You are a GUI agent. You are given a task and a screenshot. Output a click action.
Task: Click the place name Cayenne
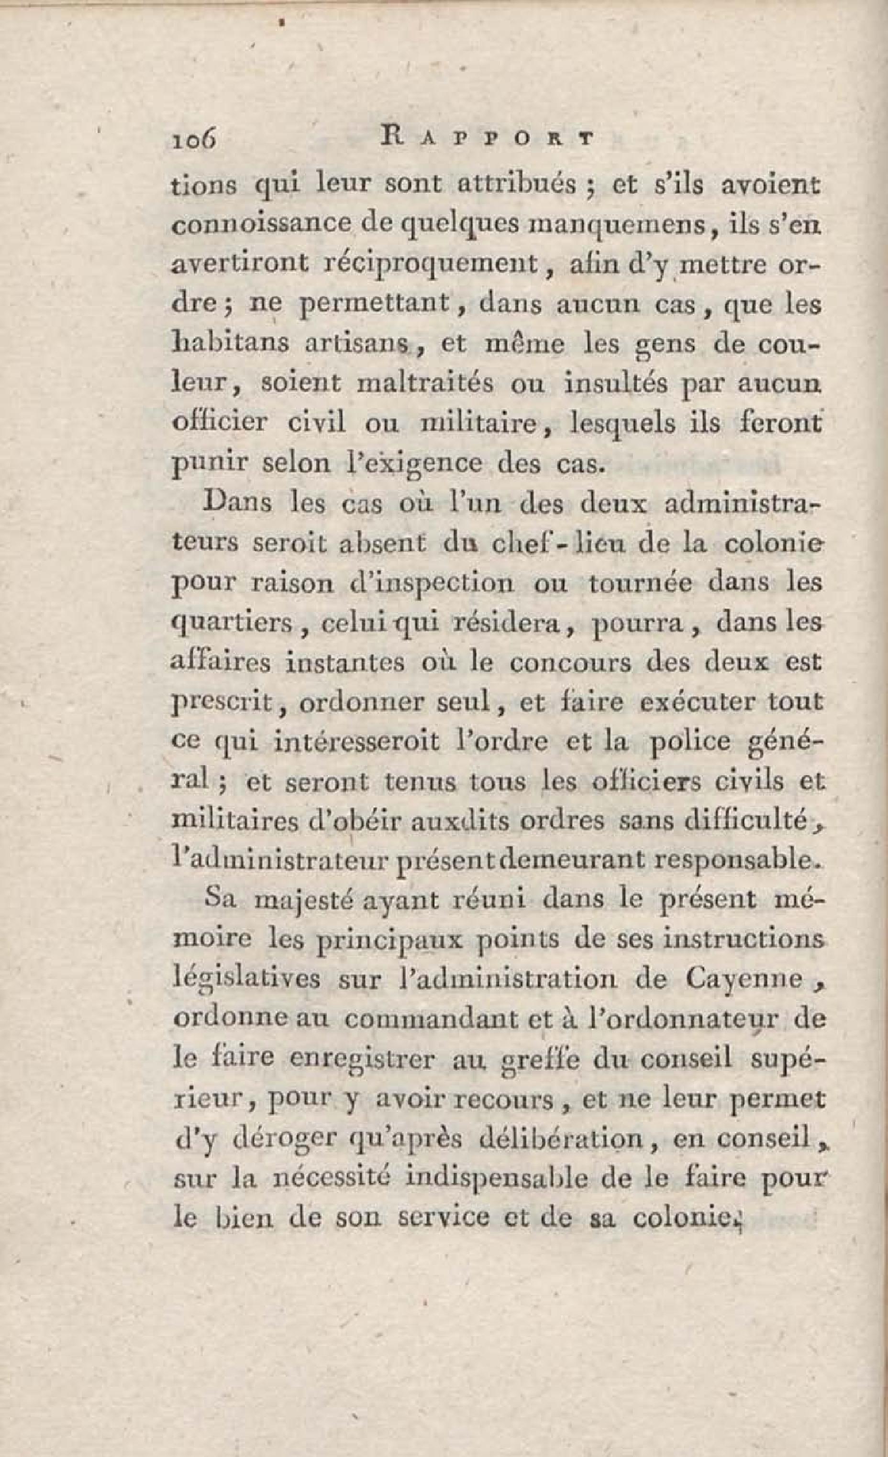(744, 979)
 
